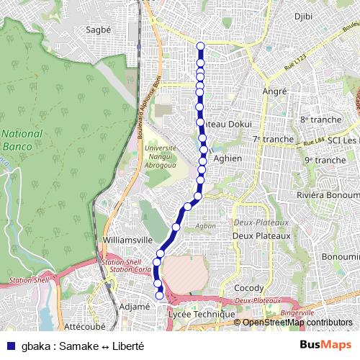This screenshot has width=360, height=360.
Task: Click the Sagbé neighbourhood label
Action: [99, 30]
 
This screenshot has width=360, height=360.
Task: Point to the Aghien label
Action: [228, 158]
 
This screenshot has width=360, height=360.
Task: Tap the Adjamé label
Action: [133, 306]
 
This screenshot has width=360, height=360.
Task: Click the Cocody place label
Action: [249, 288]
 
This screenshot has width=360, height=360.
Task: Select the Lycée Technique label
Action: [201, 315]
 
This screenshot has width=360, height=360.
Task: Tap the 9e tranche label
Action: [325, 160]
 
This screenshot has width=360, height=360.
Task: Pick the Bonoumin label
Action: [340, 256]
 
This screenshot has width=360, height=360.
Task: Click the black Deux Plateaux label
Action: [261, 235]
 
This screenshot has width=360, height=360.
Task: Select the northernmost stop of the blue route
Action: [200, 47]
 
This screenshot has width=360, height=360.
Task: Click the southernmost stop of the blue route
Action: [160, 294]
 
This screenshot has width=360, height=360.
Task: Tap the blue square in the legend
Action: [9, 345]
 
